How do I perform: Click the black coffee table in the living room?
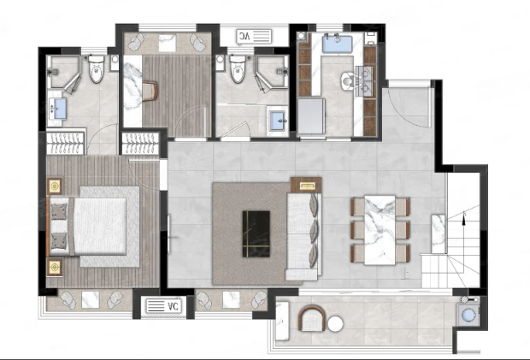pos(256,234)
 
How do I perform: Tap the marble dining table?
pos(380,230)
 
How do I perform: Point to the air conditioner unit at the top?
pos(255,37)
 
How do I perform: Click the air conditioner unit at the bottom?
pos(163,306)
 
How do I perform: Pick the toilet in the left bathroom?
pos(97,69)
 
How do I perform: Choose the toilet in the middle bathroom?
pos(238,69)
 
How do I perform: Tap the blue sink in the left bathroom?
pos(60,109)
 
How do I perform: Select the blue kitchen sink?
pos(337,44)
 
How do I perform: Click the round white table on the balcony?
pos(335,324)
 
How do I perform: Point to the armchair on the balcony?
pos(311,318)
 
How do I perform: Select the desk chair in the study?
pos(150,91)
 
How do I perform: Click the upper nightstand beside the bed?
pos(55,186)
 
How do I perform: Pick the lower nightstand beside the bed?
pos(55,267)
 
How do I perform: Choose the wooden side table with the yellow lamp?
pos(306,185)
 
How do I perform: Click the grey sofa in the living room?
pos(303,236)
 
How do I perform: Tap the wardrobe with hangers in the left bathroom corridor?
pos(65,142)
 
